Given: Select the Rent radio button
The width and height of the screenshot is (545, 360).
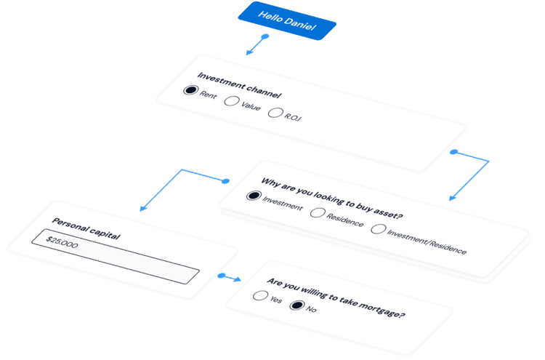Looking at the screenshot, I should click(x=191, y=91).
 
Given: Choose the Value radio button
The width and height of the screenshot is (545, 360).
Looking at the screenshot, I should click(x=231, y=102).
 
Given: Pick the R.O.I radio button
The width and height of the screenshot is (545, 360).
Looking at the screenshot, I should click(x=275, y=113).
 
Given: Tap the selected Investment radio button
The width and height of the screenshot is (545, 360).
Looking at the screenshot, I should click(x=254, y=196).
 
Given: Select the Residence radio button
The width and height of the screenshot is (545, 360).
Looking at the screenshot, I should click(x=318, y=212).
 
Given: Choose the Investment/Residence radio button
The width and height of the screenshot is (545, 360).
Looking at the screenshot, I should click(x=379, y=229).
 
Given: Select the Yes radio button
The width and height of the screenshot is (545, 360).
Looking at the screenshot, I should click(x=259, y=295).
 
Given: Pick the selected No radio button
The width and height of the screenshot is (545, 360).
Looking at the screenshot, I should click(x=296, y=305).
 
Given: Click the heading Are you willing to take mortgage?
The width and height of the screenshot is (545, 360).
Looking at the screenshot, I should click(x=336, y=298).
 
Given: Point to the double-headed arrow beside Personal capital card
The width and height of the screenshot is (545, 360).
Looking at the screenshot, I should click(x=229, y=277).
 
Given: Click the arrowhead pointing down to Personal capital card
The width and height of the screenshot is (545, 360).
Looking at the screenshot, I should click(x=143, y=208).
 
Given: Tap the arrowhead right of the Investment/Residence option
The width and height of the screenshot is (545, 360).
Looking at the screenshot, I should click(x=452, y=197).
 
